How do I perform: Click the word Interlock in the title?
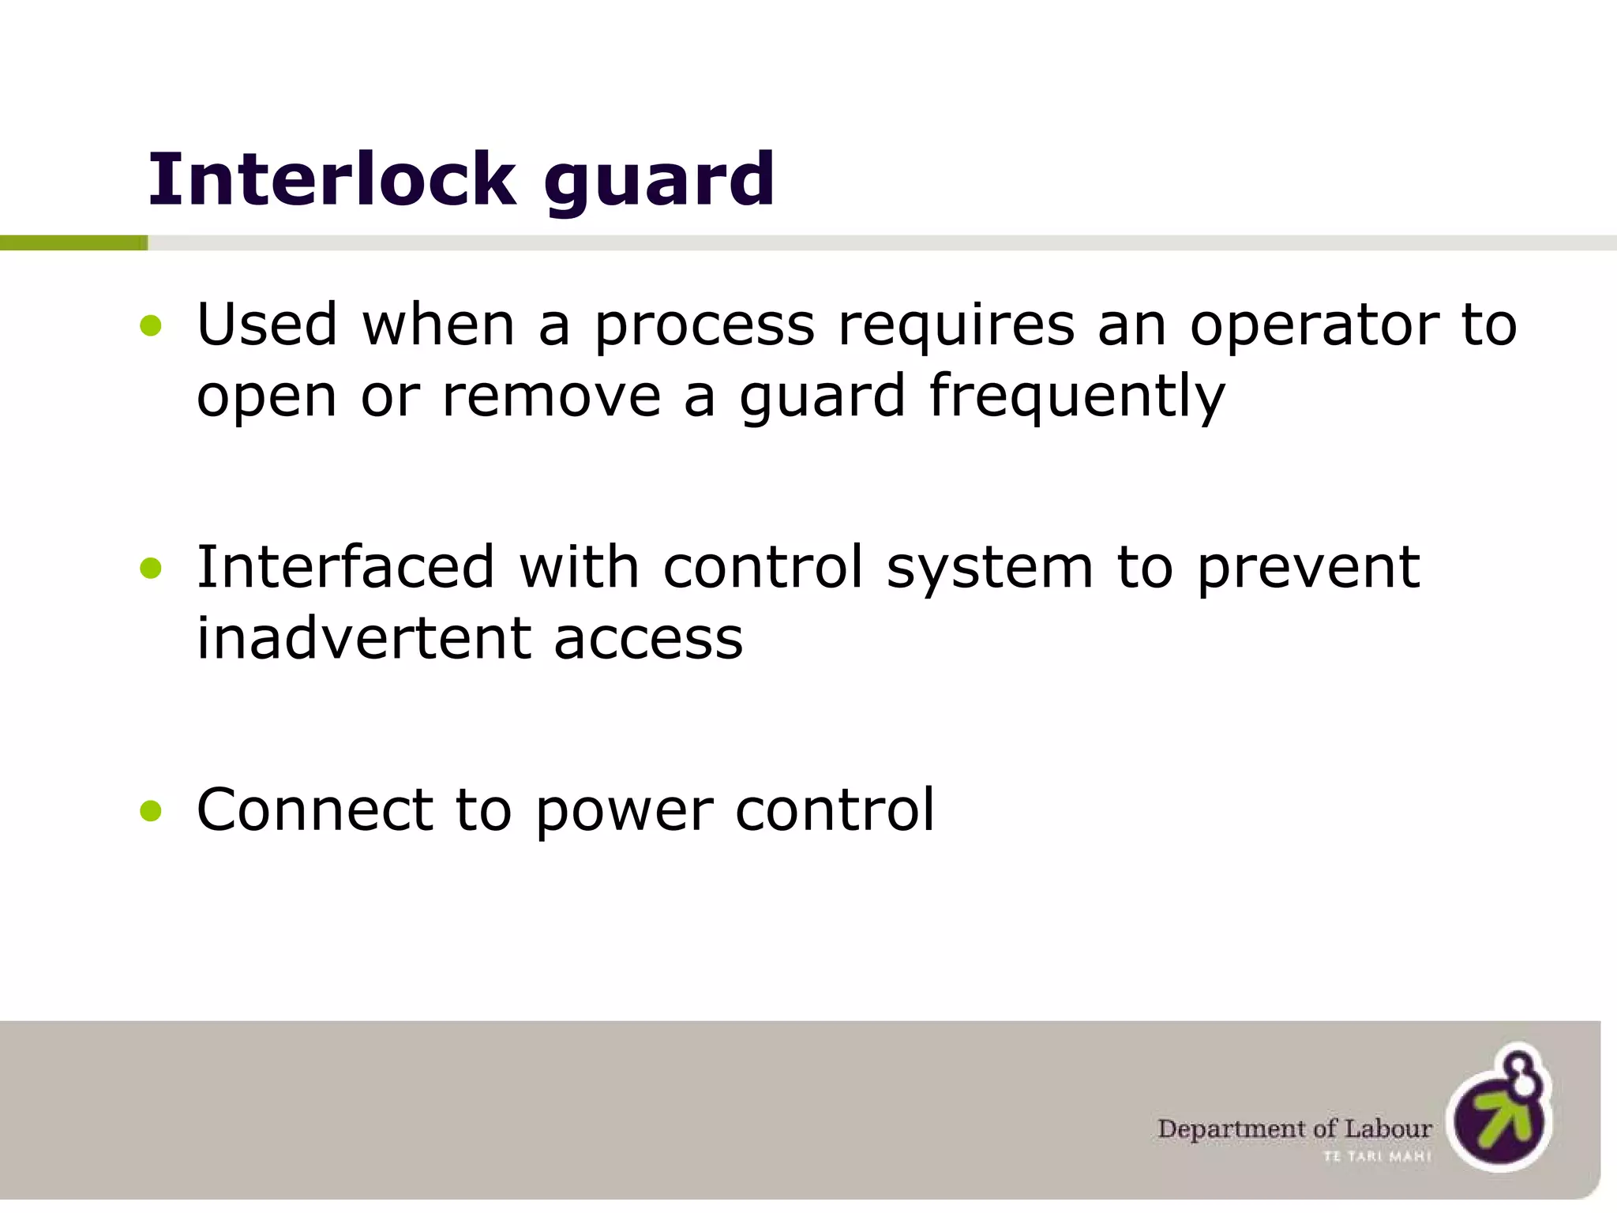(332, 180)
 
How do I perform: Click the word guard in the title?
(658, 183)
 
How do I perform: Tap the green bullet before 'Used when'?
(150, 325)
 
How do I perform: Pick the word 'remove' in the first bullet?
(551, 396)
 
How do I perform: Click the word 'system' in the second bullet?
(989, 570)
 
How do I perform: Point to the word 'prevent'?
(1308, 570)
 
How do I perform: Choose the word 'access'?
(648, 641)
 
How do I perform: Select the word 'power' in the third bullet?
(624, 813)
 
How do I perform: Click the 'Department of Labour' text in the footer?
(1294, 1129)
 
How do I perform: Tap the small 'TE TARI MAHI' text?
(1377, 1157)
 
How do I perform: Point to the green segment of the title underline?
(73, 243)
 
